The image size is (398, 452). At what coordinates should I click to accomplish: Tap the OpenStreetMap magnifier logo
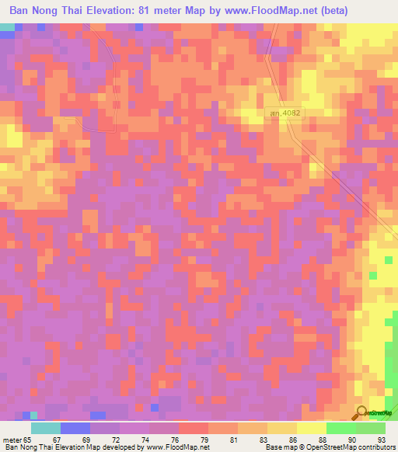pos(362,412)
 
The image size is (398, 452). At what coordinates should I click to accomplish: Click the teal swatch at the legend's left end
pos(45,428)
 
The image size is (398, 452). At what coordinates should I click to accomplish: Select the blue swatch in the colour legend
pos(75,428)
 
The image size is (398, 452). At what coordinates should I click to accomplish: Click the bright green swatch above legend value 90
pos(340,428)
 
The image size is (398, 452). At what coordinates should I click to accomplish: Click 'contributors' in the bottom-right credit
pos(375,447)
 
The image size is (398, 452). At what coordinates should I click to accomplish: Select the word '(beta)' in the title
pos(331,11)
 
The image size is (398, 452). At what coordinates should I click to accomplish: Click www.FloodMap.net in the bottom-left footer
pos(175,447)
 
